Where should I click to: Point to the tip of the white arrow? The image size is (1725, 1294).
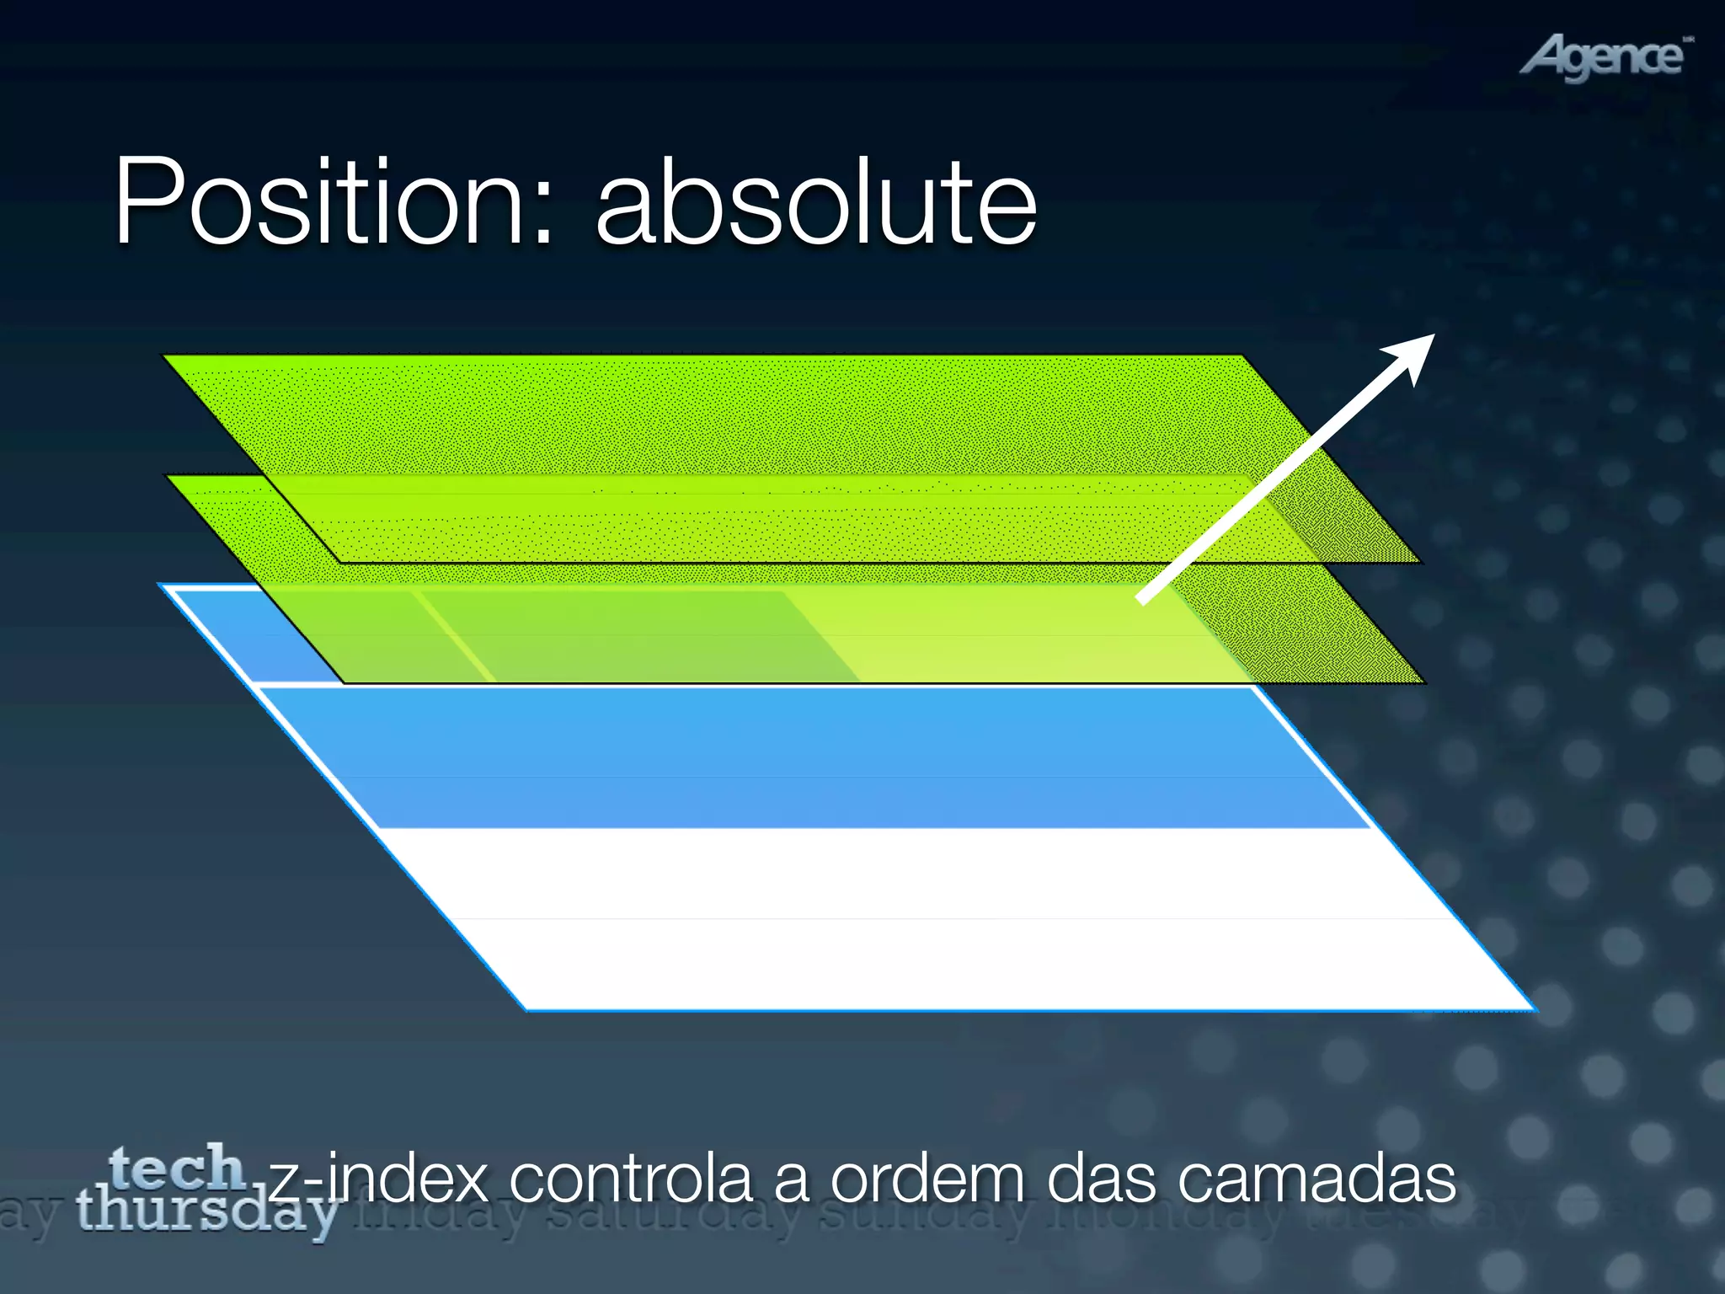1432,336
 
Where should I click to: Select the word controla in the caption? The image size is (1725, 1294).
630,1179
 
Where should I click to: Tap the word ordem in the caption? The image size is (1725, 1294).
927,1179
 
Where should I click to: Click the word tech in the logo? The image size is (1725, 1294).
177,1168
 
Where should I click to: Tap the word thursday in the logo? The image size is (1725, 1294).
206,1213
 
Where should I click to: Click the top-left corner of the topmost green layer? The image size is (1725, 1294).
165,356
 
